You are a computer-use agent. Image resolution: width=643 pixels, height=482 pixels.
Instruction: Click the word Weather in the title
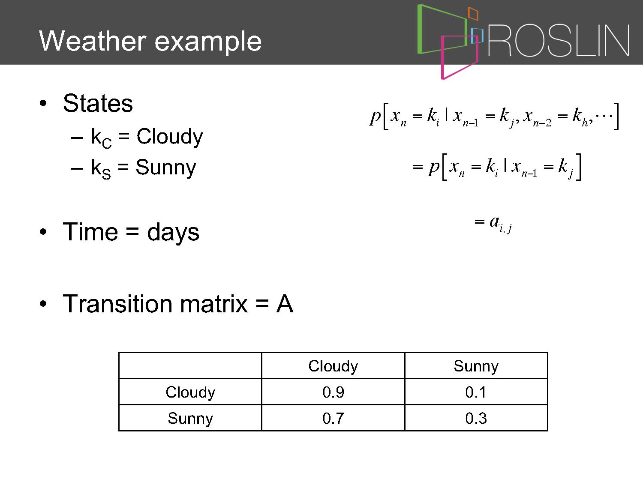coord(93,41)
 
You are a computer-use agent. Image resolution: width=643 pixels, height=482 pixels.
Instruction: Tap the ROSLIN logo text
coord(559,40)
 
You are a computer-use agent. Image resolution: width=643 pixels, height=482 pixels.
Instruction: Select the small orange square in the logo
coord(473,14)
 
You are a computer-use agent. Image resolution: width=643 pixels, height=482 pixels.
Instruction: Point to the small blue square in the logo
coord(477,36)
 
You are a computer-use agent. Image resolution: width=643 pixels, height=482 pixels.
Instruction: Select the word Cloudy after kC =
coord(170,137)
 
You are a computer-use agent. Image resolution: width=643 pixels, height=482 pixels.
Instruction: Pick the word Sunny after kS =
coord(166,168)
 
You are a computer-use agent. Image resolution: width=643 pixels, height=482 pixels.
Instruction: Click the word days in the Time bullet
coord(173,233)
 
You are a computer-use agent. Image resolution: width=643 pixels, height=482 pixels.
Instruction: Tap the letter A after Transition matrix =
coord(285,304)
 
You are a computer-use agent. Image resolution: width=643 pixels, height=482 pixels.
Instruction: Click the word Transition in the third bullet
coord(117,304)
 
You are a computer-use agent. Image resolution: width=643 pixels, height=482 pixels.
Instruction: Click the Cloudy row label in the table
coord(190,392)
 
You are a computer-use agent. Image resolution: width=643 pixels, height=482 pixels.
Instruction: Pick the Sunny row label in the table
coord(190,418)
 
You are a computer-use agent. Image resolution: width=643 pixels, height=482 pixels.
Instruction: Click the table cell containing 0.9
coord(333,392)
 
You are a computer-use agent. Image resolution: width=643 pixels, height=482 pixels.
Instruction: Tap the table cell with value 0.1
coord(476,392)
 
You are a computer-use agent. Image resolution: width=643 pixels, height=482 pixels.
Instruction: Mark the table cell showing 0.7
coord(333,418)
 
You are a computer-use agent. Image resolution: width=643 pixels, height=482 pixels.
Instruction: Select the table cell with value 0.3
coord(476,418)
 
